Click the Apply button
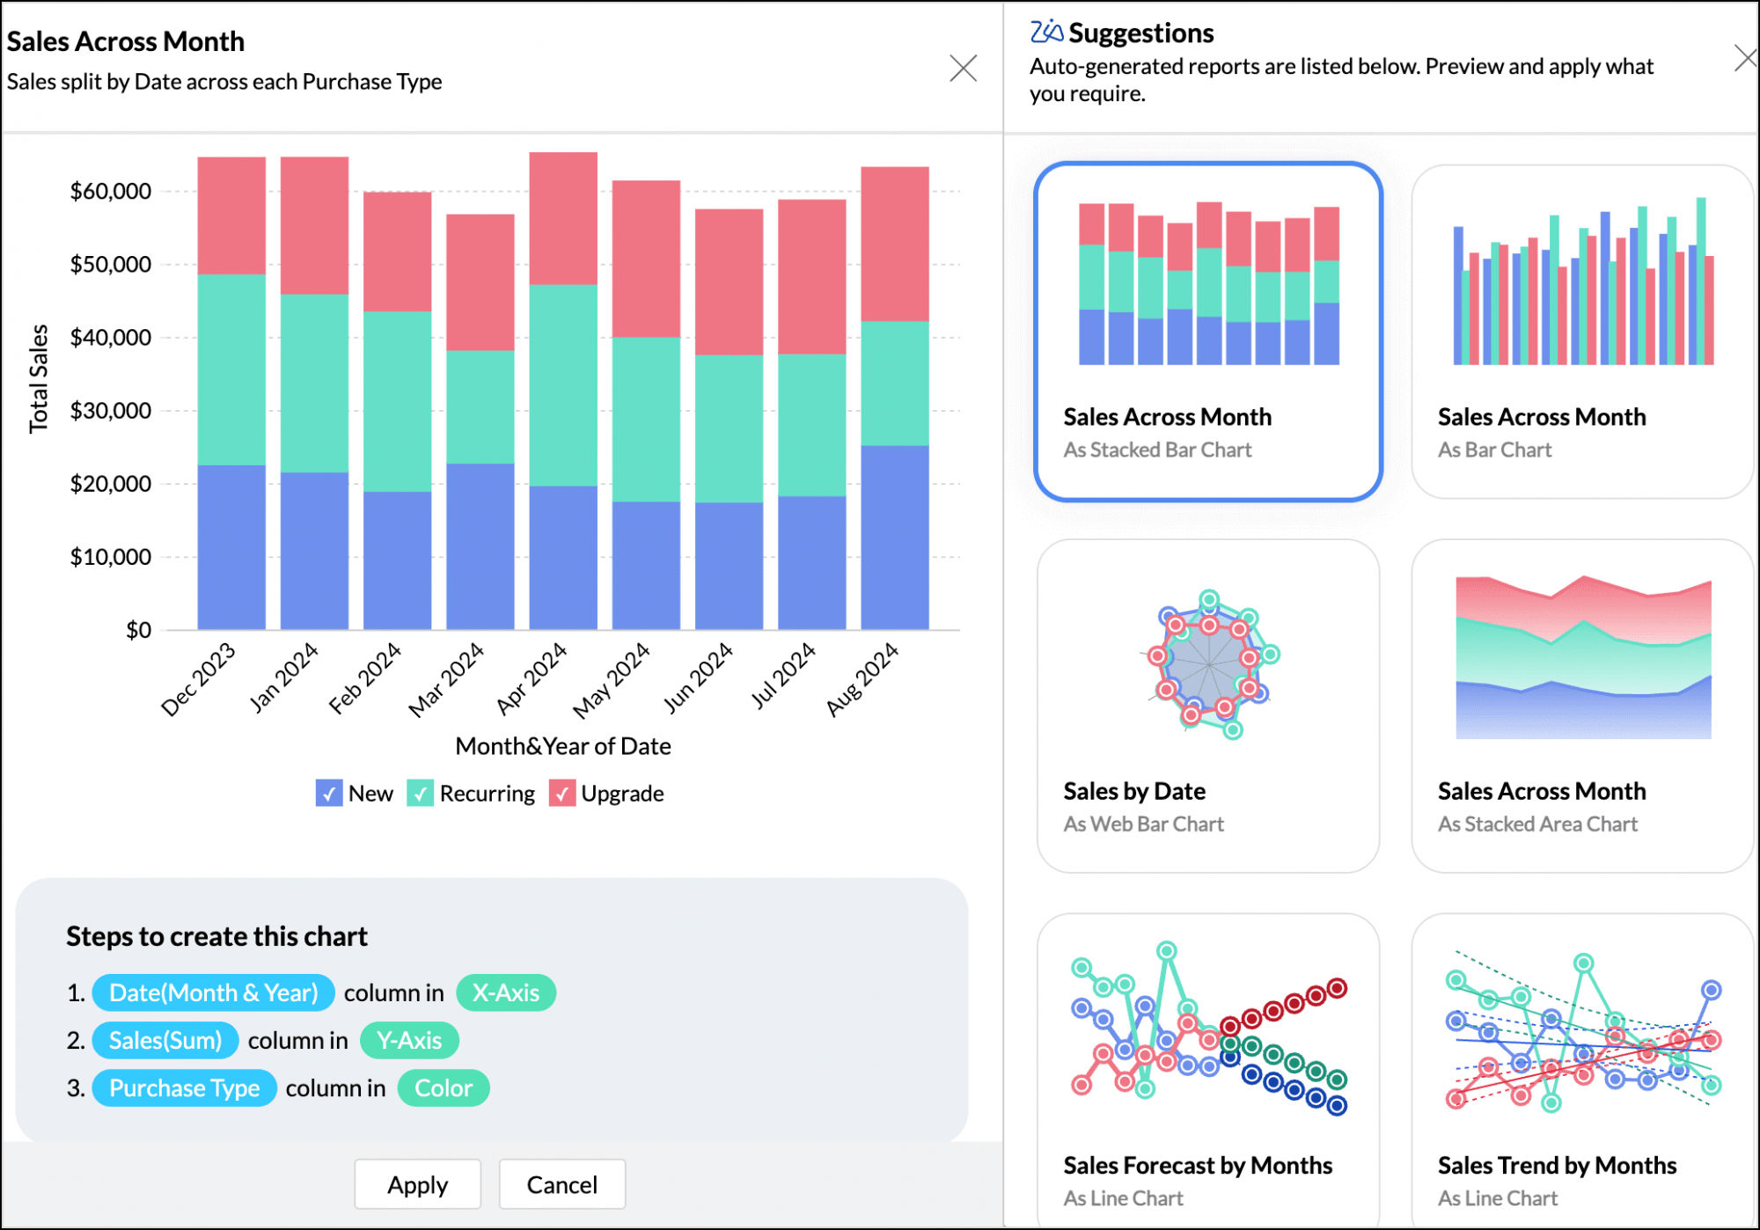(417, 1184)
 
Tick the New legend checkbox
(329, 793)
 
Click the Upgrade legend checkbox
(562, 793)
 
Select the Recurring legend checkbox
(421, 793)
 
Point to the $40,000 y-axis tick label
(111, 337)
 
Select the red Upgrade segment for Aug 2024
(894, 244)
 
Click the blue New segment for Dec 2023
(231, 546)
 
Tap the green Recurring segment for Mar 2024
(480, 406)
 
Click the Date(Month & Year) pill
(213, 992)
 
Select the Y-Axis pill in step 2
(409, 1040)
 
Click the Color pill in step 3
(444, 1088)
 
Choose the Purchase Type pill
(184, 1088)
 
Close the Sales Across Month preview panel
(963, 68)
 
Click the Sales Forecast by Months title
(1197, 1165)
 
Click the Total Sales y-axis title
(38, 378)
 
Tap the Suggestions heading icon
(1046, 32)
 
